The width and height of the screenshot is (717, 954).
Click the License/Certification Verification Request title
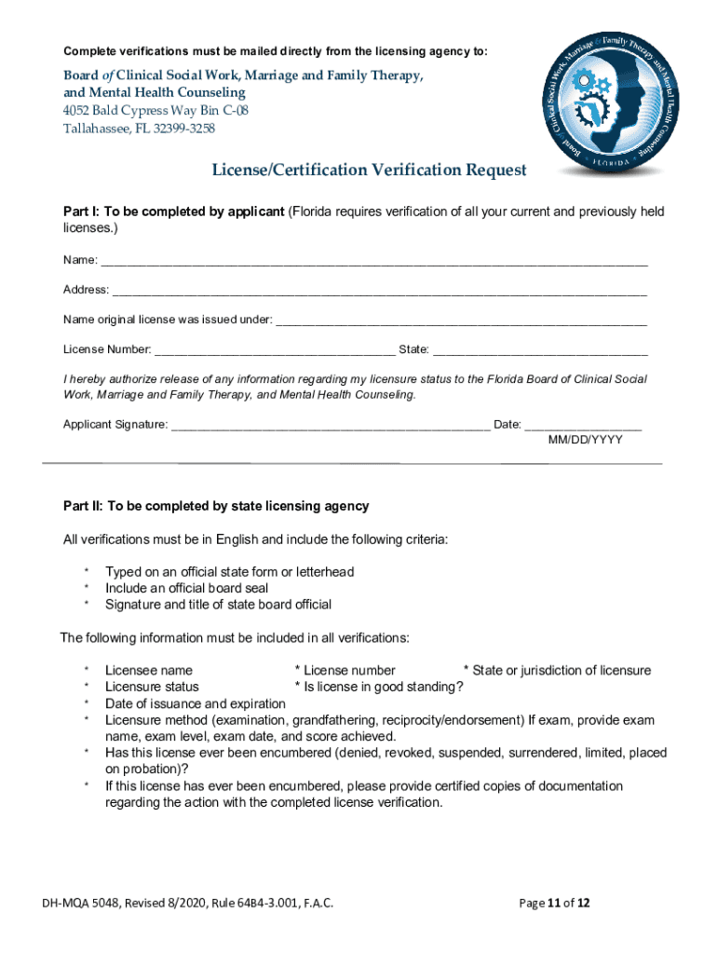369,170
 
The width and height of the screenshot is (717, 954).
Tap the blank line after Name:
372,261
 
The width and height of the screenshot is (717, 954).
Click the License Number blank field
274,350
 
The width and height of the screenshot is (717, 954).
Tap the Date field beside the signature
583,425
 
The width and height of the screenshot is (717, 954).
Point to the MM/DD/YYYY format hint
585,440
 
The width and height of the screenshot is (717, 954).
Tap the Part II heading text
216,506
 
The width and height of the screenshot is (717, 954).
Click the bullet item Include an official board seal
187,588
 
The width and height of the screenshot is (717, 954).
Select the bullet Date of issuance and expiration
196,703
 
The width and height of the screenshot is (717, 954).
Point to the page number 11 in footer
559,904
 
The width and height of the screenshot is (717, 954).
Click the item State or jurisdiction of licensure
561,670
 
